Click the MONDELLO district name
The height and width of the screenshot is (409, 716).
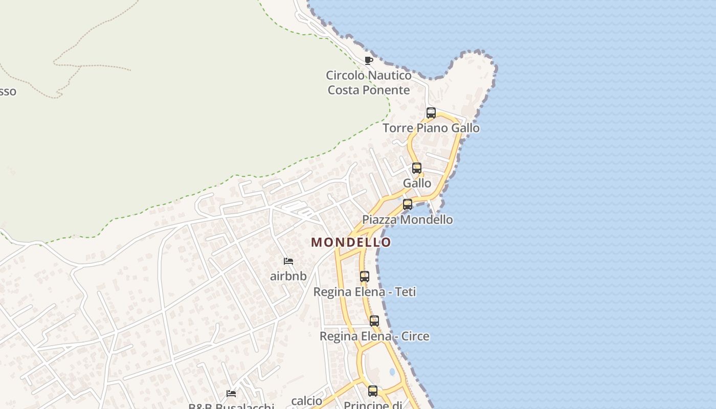coord(351,242)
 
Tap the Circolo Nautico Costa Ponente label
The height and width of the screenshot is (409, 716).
coord(369,83)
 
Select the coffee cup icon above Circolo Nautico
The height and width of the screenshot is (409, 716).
coord(369,61)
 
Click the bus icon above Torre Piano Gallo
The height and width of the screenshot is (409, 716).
coord(431,113)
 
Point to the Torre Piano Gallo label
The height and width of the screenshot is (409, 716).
coord(431,128)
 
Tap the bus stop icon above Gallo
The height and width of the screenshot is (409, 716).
coord(417,168)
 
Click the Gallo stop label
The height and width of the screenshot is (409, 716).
coord(417,183)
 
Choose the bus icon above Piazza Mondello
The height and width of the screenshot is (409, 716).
coord(408,204)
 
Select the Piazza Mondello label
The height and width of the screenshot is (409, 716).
coord(408,220)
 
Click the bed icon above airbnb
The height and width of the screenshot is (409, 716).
coord(288,261)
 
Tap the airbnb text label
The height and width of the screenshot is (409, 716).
coord(288,276)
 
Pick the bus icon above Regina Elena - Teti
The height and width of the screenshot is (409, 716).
coord(365,277)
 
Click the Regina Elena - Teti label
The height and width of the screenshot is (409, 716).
coord(365,292)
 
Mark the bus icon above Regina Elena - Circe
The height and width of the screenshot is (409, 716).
coord(374,321)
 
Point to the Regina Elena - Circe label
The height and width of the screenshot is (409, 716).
coord(374,336)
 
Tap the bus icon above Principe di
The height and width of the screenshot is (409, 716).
coord(373,391)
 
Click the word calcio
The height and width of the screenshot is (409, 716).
coord(307,401)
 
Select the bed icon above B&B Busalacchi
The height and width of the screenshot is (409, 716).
coord(231,394)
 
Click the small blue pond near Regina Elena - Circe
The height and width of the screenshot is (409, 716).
coord(392,372)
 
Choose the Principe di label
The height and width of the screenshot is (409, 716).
coord(372,405)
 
